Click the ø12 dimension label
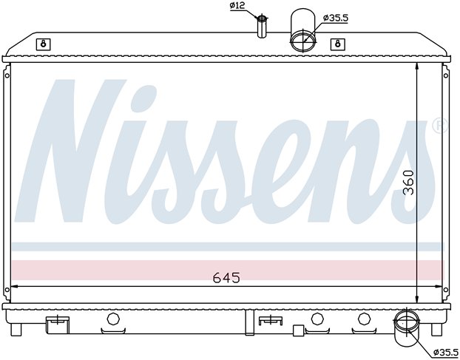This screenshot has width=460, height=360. tap(237, 6)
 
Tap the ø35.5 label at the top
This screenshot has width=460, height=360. tap(335, 18)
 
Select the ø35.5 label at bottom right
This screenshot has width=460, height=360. tap(446, 351)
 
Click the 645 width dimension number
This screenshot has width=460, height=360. tap(226, 277)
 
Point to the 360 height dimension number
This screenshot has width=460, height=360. tap(408, 183)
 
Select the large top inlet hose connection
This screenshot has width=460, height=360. tap(303, 31)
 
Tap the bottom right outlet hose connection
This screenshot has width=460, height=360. tap(407, 328)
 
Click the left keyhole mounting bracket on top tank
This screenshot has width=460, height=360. tap(44, 44)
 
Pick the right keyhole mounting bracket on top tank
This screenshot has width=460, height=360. tap(338, 44)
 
